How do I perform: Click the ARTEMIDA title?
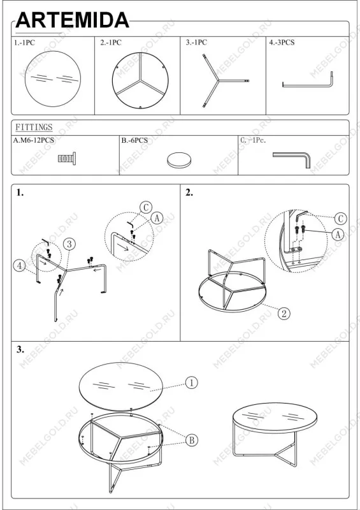click(72, 20)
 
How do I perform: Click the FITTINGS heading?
click(34, 127)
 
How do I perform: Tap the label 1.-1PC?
click(24, 43)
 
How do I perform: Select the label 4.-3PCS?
click(282, 42)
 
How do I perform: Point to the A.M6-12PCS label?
click(34, 140)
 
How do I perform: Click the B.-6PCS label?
click(134, 140)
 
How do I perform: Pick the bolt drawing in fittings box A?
click(67, 158)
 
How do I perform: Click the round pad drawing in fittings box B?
click(179, 160)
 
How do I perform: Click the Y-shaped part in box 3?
click(219, 80)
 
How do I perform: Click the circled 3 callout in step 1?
click(69, 244)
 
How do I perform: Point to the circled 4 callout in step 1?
click(19, 266)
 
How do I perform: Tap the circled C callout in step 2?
click(340, 219)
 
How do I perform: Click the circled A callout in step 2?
click(338, 234)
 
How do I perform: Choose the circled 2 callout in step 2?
click(284, 314)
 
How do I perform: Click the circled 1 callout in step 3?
click(191, 382)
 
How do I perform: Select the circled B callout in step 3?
click(192, 440)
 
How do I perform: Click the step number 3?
click(20, 349)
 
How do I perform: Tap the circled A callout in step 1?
click(157, 218)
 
